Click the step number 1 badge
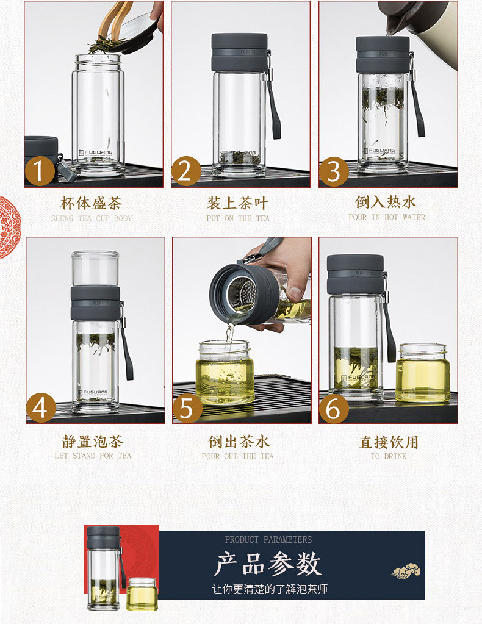[40, 171]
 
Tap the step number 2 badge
[186, 171]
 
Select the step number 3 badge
[334, 171]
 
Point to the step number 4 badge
[41, 407]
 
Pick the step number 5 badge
[187, 407]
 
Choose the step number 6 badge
[334, 407]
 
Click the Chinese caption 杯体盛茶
[91, 203]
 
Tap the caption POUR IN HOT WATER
[387, 217]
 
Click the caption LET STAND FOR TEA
[93, 456]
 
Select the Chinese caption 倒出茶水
[239, 442]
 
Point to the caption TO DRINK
[389, 456]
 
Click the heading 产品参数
[267, 564]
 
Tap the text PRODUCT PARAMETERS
[268, 540]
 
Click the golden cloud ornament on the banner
[406, 572]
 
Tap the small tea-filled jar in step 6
[423, 373]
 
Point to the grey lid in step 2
[240, 52]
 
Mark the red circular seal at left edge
[9, 228]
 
